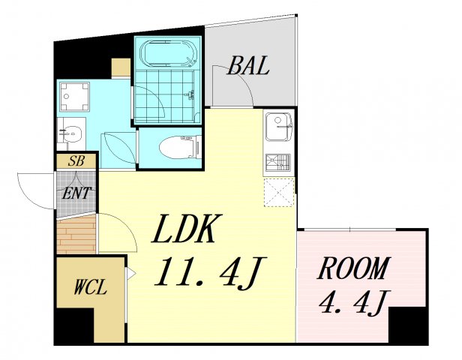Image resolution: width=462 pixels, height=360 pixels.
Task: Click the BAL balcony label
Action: point(248,65)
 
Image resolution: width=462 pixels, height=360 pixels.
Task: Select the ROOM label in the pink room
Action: point(353,268)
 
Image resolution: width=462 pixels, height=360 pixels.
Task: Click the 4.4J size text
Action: point(355,301)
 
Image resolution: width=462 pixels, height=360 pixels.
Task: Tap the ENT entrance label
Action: point(76,193)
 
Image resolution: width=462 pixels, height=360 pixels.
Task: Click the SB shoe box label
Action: point(76,160)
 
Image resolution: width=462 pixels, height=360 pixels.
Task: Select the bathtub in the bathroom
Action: point(168,53)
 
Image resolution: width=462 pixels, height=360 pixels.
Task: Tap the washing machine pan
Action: point(74,97)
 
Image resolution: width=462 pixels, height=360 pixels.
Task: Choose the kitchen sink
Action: point(279,126)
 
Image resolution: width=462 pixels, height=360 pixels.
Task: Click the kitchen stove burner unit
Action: point(278,162)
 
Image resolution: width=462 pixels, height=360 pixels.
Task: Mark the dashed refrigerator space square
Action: point(279,192)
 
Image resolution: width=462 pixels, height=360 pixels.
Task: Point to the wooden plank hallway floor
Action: point(76,235)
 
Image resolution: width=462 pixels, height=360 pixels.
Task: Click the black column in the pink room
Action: point(407,325)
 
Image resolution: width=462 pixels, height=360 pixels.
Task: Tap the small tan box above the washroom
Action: point(121,67)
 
